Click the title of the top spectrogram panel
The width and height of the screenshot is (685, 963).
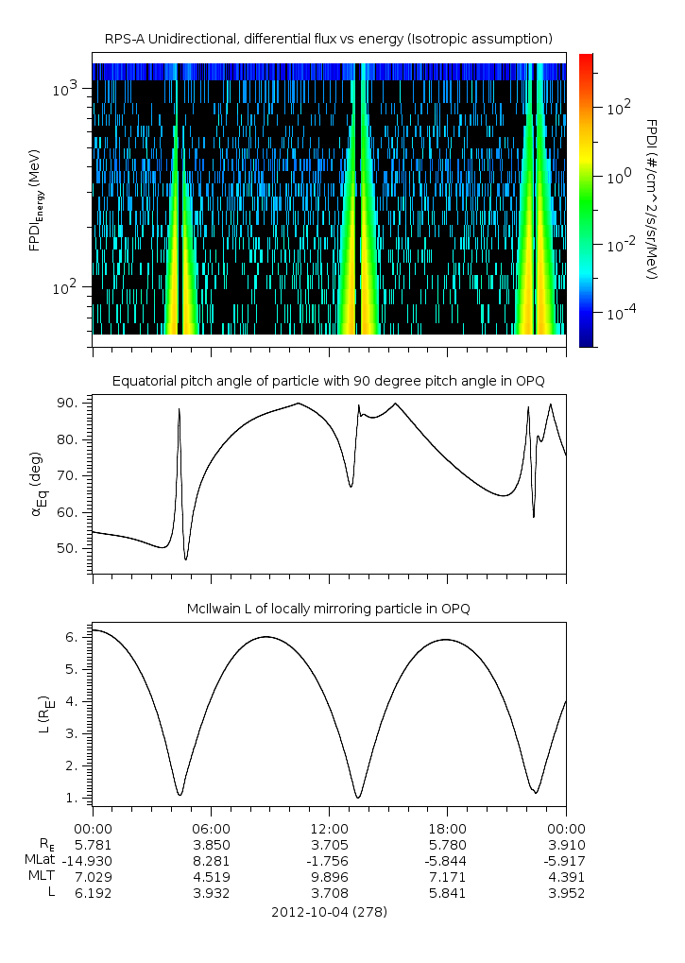[329, 39]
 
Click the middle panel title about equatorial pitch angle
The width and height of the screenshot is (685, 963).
[329, 381]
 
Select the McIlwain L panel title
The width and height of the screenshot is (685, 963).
[329, 609]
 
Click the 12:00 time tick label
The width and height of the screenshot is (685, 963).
[329, 830]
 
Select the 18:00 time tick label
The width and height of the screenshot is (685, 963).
[447, 830]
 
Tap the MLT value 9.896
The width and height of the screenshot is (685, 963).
[329, 874]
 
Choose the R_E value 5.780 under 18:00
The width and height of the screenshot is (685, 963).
[447, 845]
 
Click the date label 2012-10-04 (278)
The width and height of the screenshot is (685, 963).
[329, 913]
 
